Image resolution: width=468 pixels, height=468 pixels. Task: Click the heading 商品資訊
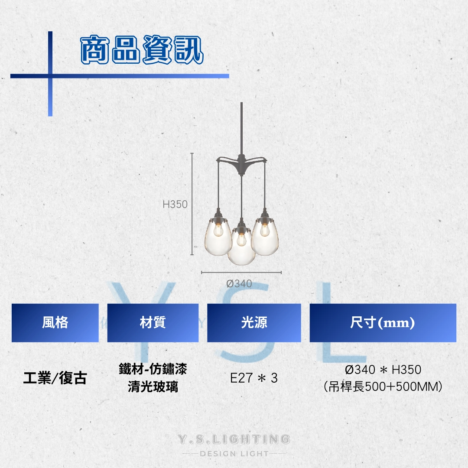(x=142, y=49)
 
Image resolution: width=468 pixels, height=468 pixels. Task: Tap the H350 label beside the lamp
(x=175, y=204)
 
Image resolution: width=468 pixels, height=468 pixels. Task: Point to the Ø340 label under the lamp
(x=239, y=283)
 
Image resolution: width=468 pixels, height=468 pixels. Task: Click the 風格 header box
(x=55, y=323)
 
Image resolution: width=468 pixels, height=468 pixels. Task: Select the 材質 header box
(x=153, y=323)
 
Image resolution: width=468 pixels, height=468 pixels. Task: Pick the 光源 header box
(x=254, y=323)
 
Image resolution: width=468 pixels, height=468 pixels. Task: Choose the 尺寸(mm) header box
(x=383, y=323)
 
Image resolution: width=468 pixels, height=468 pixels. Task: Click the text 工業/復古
(x=55, y=378)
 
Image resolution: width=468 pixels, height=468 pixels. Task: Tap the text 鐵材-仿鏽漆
(x=153, y=369)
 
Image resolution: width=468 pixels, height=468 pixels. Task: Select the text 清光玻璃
(x=153, y=387)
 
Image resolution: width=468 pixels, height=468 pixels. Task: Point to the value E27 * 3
(x=254, y=378)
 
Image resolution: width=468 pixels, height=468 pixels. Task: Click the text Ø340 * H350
(x=383, y=370)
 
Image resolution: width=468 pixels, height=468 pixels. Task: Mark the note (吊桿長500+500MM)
(x=383, y=387)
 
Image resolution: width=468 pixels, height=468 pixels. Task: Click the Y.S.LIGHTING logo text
(x=234, y=439)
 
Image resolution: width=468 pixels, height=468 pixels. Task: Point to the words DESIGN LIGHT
(x=234, y=454)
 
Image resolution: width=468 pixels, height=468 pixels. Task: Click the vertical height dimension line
(x=192, y=204)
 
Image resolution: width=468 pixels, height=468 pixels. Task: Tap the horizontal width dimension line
(x=241, y=273)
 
